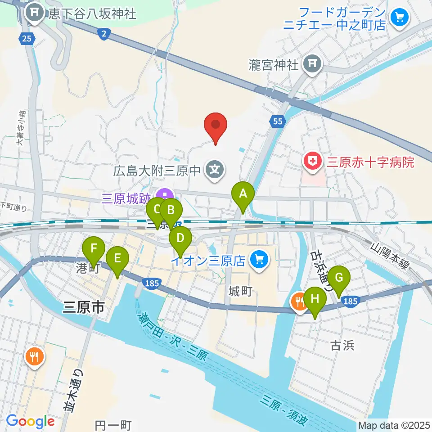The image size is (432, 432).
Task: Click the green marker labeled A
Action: pyautogui.click(x=243, y=194)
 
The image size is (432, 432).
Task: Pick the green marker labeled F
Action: pyautogui.click(x=94, y=248)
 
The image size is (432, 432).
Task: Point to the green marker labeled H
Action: pyautogui.click(x=315, y=299)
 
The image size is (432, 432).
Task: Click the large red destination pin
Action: pyautogui.click(x=216, y=125)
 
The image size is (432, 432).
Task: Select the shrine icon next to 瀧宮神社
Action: pyautogui.click(x=311, y=64)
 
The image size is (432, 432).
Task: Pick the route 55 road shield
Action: pyautogui.click(x=278, y=121)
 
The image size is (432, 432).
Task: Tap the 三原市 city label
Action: pyautogui.click(x=83, y=308)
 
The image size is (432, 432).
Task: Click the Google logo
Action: pyautogui.click(x=31, y=422)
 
